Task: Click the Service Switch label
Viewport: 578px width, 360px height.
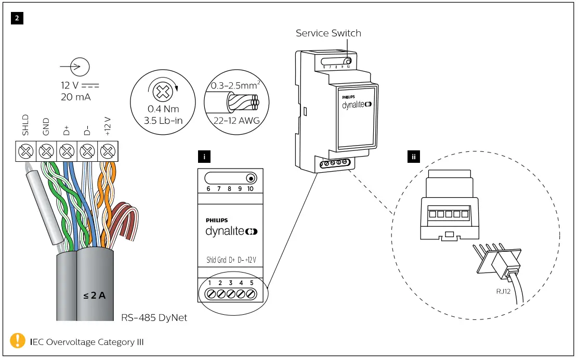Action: (x=328, y=33)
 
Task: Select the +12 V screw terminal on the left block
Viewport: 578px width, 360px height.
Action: (x=107, y=152)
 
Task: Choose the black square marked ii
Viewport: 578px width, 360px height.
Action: (x=414, y=156)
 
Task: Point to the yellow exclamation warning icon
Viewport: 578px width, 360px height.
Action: (x=18, y=341)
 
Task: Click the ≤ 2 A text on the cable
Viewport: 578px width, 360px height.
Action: (x=94, y=296)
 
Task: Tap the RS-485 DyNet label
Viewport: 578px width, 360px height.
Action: (x=154, y=317)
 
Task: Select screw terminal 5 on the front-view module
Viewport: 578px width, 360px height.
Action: (x=251, y=294)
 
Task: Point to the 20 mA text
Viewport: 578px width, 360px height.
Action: (x=76, y=97)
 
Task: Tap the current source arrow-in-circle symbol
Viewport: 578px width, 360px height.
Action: (x=80, y=67)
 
